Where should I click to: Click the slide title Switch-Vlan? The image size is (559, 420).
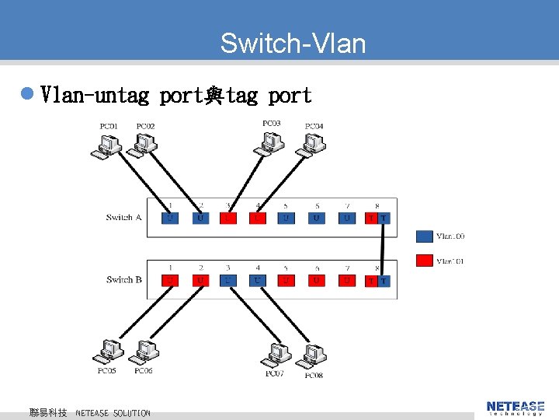(293, 43)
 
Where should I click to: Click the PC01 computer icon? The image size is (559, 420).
(106, 145)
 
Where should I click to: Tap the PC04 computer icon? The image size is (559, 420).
(313, 145)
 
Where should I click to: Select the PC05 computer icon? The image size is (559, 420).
(107, 352)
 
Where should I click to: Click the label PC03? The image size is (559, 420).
(272, 123)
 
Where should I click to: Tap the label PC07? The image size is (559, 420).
(274, 374)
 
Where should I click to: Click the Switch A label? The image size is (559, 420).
(123, 217)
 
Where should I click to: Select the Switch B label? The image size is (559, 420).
(123, 279)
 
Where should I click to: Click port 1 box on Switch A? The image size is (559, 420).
(170, 218)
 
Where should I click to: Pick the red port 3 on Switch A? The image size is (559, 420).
(228, 218)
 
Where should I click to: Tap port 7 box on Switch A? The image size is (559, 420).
(347, 218)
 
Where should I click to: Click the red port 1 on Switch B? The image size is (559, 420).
(170, 280)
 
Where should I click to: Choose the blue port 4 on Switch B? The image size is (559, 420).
(258, 280)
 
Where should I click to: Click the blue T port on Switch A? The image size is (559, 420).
(384, 218)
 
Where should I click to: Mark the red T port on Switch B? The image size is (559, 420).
(371, 280)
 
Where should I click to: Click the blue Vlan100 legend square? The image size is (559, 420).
(424, 236)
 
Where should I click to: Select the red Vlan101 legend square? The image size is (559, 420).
(424, 260)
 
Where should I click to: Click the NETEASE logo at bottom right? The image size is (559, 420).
(516, 407)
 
